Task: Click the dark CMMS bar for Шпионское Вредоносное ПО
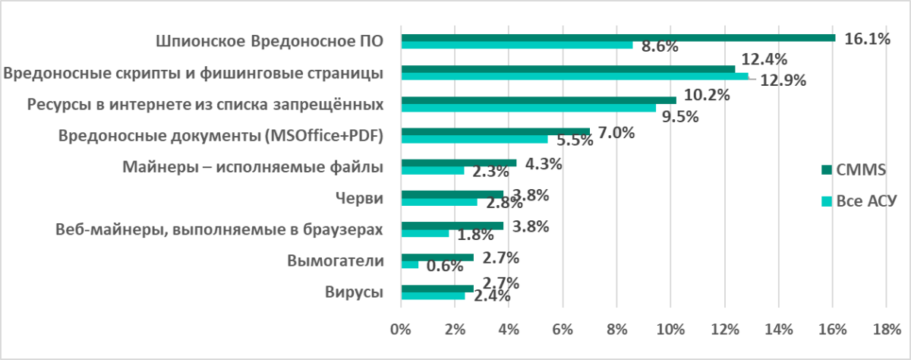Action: [617, 37]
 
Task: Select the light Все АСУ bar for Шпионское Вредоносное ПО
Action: [516, 45]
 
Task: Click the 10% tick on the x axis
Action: [670, 329]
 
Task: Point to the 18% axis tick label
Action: [887, 329]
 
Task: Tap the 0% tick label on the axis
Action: [400, 329]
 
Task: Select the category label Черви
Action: [358, 199]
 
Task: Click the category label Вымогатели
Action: [335, 261]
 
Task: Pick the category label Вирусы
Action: [353, 292]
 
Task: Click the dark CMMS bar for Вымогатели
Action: [437, 257]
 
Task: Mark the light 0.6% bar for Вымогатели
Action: [409, 264]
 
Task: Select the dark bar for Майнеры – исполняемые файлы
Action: [458, 163]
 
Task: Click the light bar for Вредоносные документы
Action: [474, 139]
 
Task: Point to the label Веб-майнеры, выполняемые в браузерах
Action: [219, 230]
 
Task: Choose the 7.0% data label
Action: [616, 132]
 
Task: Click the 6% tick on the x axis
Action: [563, 329]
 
